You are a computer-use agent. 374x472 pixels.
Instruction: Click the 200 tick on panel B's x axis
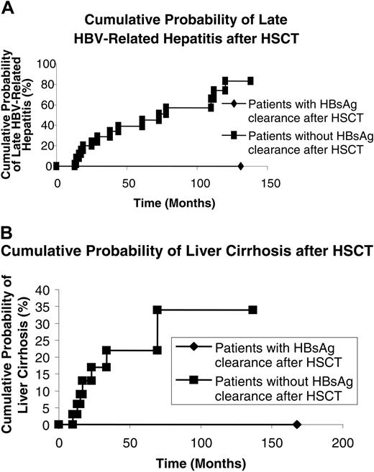(343, 442)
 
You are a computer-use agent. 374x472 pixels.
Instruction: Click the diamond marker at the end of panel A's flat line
(240, 166)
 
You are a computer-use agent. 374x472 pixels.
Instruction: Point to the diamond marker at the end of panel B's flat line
(296, 425)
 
